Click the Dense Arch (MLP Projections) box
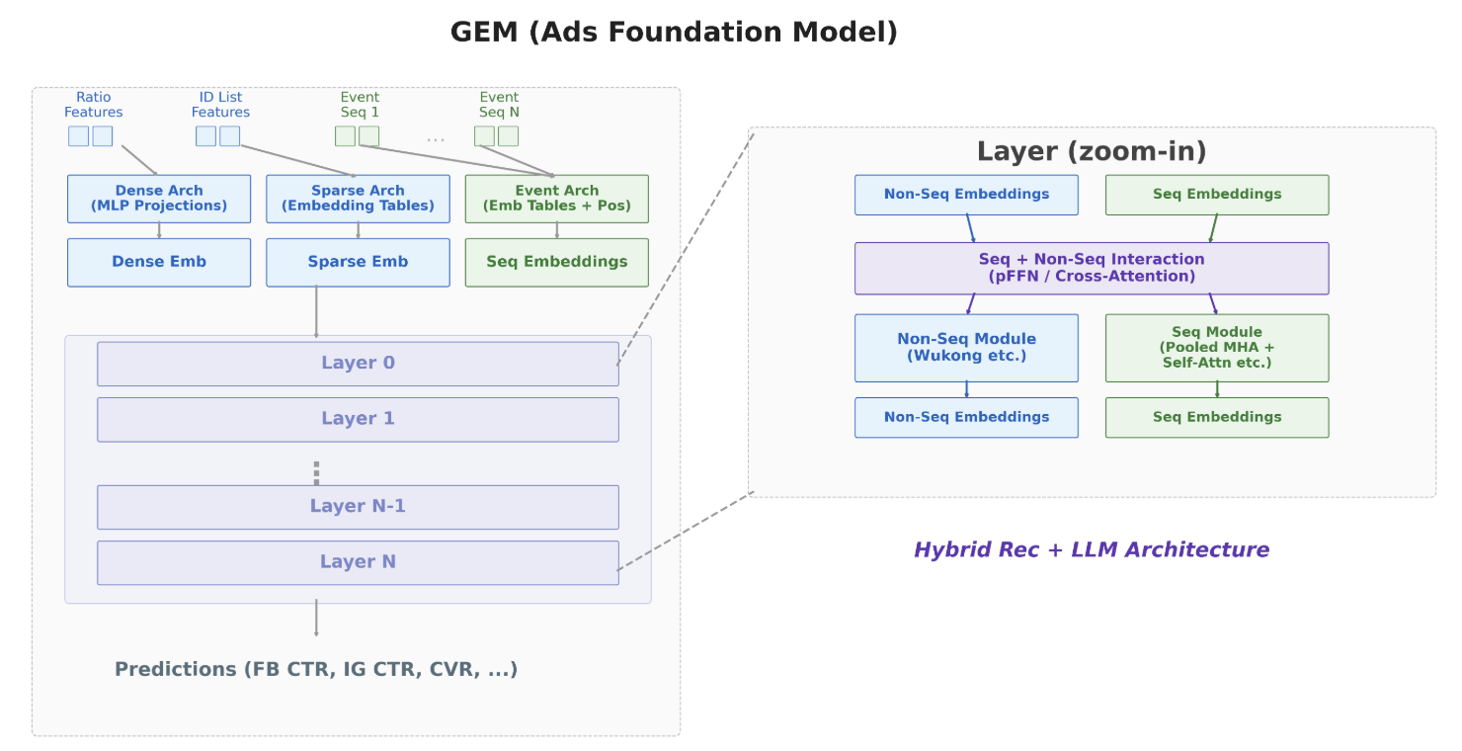click(x=159, y=199)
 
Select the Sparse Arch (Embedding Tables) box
click(x=358, y=199)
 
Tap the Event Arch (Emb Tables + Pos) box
click(x=557, y=199)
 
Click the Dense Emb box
click(x=159, y=262)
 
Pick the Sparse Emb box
click(x=358, y=262)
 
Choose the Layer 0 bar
click(x=358, y=364)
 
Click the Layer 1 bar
click(x=358, y=419)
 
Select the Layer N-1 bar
click(x=358, y=507)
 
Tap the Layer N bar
click(x=358, y=562)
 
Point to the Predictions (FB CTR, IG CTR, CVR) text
click(x=316, y=669)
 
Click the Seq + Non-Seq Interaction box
click(x=1092, y=269)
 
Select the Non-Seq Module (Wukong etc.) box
click(x=966, y=348)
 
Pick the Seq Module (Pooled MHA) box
click(x=1217, y=348)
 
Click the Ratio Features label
click(x=93, y=105)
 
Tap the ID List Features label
click(x=220, y=105)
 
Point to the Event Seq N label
click(x=499, y=105)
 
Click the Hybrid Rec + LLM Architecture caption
click(x=1092, y=549)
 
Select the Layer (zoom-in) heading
click(x=1092, y=151)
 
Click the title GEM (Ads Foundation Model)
click(x=674, y=32)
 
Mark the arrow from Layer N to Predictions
click(x=316, y=618)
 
